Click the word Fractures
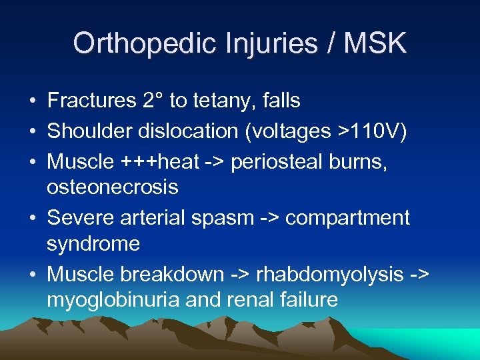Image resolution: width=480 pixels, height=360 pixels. (x=91, y=101)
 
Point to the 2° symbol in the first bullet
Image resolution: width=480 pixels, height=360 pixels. (x=152, y=101)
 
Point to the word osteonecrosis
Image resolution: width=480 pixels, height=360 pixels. (x=112, y=187)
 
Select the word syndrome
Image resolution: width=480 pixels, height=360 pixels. (x=93, y=244)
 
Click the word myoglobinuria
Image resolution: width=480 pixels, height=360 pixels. (x=113, y=300)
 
